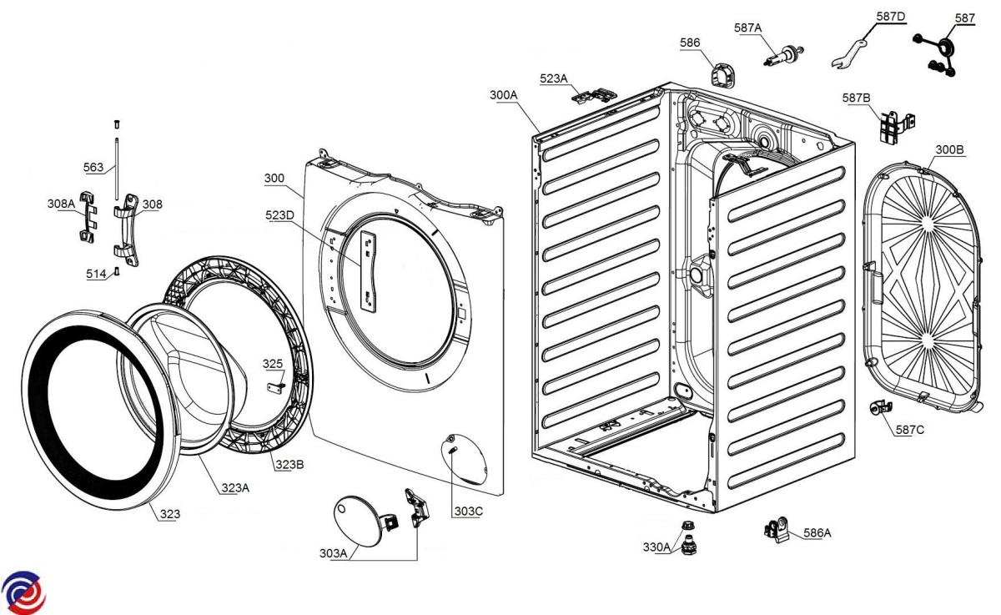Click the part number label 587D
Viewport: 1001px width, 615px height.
point(891,17)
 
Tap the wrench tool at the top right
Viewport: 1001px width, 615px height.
point(848,54)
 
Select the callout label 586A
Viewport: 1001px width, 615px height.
point(817,532)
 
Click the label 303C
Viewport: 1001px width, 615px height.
point(469,512)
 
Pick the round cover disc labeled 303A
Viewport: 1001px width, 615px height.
point(358,521)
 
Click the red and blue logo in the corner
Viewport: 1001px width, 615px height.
point(23,592)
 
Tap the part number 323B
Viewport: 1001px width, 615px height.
point(289,465)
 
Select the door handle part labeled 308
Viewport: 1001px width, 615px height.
point(126,230)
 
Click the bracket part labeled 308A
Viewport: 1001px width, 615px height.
point(88,217)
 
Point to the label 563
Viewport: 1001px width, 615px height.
point(93,167)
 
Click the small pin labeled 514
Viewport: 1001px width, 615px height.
point(117,271)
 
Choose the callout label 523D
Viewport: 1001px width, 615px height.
point(279,215)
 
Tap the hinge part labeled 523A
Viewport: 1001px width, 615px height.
point(595,96)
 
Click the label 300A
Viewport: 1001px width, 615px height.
point(504,95)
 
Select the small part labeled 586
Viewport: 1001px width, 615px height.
point(722,74)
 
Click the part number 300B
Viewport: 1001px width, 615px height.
point(949,149)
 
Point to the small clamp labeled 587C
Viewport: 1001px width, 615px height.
point(880,408)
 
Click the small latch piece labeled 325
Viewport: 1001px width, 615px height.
point(276,386)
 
